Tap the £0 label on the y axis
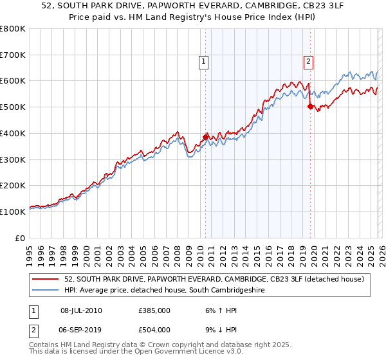click(21, 238)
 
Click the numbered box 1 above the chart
click(204, 62)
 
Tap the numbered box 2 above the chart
click(308, 62)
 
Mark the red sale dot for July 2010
click(206, 137)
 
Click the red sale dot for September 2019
click(310, 106)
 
